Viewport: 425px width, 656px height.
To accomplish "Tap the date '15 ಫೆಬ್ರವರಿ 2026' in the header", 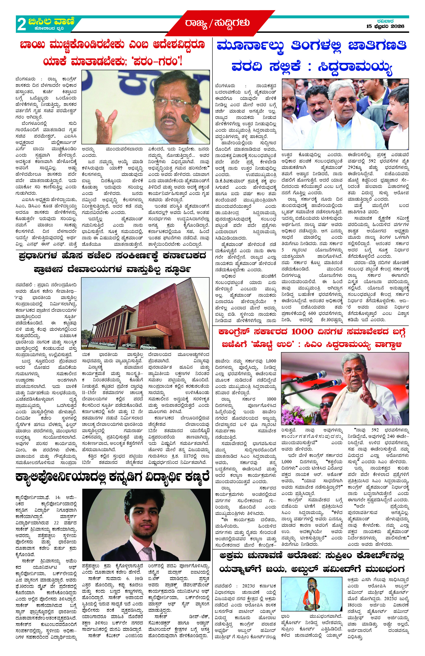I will pos(385,26).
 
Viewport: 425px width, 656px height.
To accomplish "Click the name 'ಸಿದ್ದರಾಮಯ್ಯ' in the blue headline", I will pos(355,67).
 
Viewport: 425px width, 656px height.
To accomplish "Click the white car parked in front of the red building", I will pos(148,346).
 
